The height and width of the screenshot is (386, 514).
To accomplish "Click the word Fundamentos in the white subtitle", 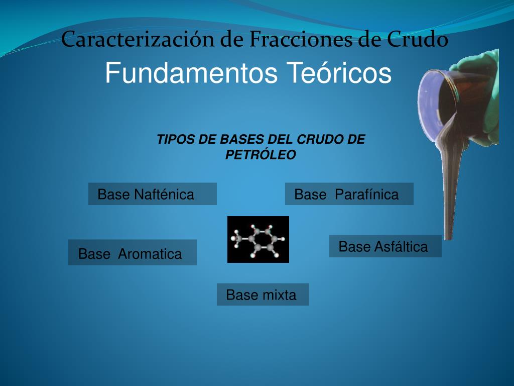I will coord(191,73).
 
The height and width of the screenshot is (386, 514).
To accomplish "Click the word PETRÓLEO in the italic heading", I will coord(261,155).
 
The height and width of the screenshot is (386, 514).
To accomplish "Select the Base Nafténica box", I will coord(152,194).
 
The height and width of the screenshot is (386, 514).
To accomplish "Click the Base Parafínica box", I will coord(349,194).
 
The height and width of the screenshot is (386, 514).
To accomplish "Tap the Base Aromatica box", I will coord(132,252).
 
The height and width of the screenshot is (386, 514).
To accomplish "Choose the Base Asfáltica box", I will coord(385,246).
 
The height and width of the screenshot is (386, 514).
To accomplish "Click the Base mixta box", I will coord(263,295).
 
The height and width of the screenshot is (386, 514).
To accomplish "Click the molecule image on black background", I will coord(258,239).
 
